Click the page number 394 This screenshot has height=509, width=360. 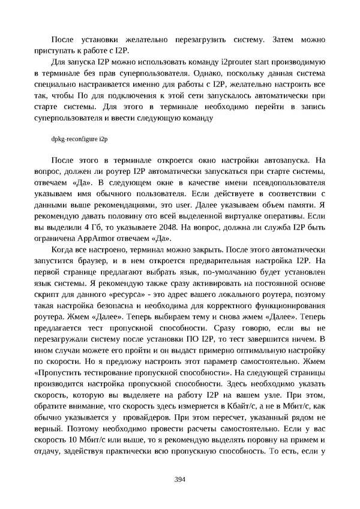click(x=179, y=479)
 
